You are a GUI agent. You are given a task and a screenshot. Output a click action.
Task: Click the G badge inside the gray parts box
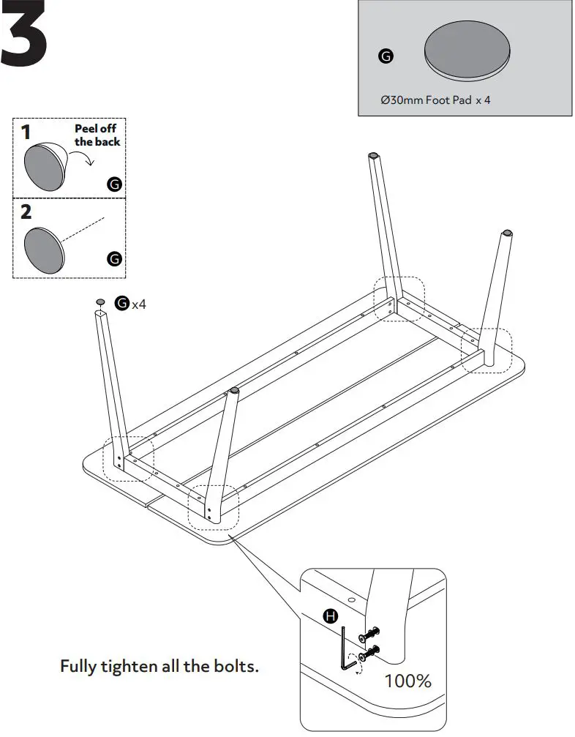click(x=386, y=56)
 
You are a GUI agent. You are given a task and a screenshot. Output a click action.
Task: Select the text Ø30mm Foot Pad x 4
click(x=435, y=100)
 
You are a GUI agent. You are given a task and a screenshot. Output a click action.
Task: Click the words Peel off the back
click(x=97, y=135)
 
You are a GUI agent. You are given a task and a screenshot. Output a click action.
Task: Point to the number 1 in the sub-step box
click(x=26, y=132)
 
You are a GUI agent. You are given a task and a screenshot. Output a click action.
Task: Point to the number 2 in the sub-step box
click(x=26, y=212)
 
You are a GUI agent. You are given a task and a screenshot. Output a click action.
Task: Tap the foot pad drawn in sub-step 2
click(x=44, y=249)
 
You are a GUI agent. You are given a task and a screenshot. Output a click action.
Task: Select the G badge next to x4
click(x=122, y=303)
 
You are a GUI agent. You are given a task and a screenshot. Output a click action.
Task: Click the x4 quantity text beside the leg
click(x=139, y=304)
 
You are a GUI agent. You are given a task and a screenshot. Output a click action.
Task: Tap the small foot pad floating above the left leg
click(x=100, y=302)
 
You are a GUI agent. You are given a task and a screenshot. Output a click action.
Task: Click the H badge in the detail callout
click(x=331, y=616)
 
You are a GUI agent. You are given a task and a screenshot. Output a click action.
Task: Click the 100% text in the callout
click(x=408, y=681)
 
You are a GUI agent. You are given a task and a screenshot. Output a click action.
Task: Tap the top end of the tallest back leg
click(x=374, y=155)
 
